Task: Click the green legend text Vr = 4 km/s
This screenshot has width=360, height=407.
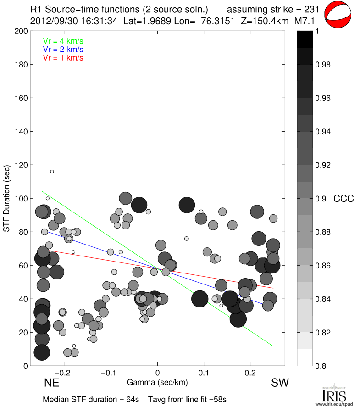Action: coord(63,40)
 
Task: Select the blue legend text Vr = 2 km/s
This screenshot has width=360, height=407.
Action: coord(63,49)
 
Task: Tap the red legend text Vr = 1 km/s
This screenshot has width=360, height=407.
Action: coord(63,58)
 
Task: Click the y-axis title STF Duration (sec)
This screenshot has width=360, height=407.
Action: coord(7,198)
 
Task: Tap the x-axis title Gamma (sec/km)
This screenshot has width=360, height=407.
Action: coord(157,382)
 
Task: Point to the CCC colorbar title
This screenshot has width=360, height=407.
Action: coord(343,199)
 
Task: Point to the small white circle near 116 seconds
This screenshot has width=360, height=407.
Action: coord(52,172)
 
